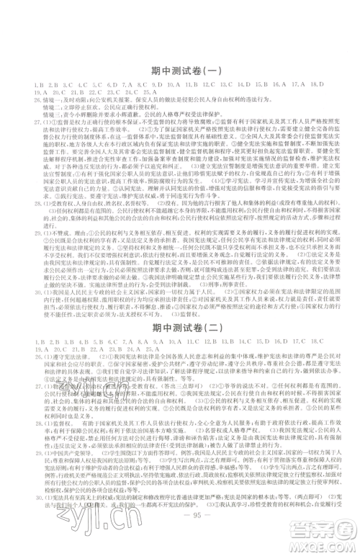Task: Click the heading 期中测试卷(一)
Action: click(180, 71)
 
